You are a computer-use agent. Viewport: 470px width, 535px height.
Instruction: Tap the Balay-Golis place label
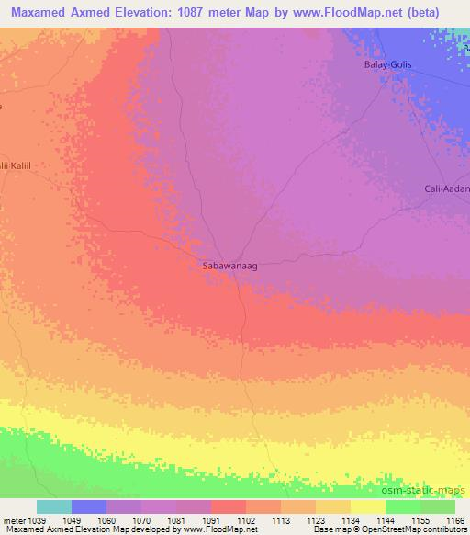[x=384, y=67]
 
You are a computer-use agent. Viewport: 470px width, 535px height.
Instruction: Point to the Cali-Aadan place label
[x=447, y=188]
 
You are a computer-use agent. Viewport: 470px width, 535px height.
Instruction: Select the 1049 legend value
[x=72, y=519]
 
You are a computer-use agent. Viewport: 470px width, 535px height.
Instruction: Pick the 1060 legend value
[x=106, y=519]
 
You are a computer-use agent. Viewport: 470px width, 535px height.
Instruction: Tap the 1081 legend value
[x=176, y=519]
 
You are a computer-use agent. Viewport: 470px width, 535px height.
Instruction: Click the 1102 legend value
[x=246, y=519]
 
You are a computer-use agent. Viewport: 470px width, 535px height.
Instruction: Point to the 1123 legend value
[x=316, y=519]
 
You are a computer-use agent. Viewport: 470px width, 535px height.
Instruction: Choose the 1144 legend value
[x=386, y=519]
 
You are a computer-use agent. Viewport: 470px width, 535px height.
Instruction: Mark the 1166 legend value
[x=455, y=519]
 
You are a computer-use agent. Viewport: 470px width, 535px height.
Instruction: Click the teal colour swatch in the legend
[x=54, y=507]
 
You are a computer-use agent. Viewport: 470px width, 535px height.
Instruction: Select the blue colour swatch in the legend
[x=89, y=507]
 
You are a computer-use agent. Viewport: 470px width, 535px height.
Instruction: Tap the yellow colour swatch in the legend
[x=368, y=507]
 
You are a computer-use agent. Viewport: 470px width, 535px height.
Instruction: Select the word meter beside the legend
[x=14, y=519]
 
